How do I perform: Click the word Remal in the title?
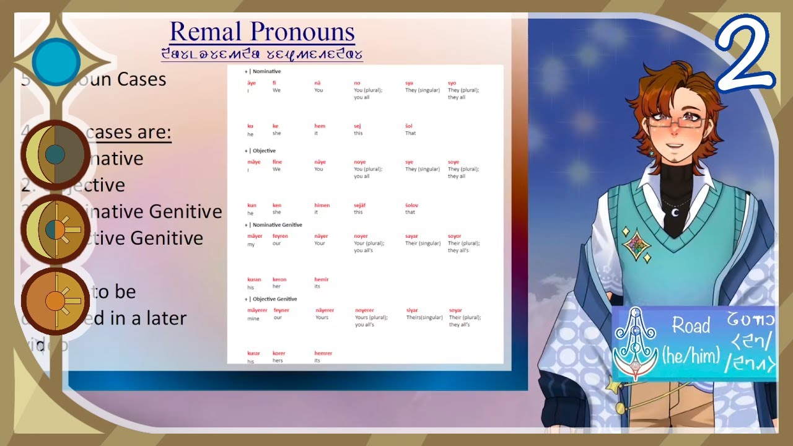[207, 32]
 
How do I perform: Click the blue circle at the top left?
[56, 62]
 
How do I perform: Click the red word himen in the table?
[322, 205]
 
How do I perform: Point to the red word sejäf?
[361, 205]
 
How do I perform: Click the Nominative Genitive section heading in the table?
[277, 225]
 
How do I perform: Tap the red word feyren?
[280, 236]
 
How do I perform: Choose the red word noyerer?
[364, 310]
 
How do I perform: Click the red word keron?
[279, 279]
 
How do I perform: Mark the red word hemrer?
[323, 353]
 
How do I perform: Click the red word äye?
[251, 82]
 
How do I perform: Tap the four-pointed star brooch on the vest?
[636, 245]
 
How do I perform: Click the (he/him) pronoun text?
[691, 355]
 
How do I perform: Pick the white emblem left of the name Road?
[635, 344]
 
